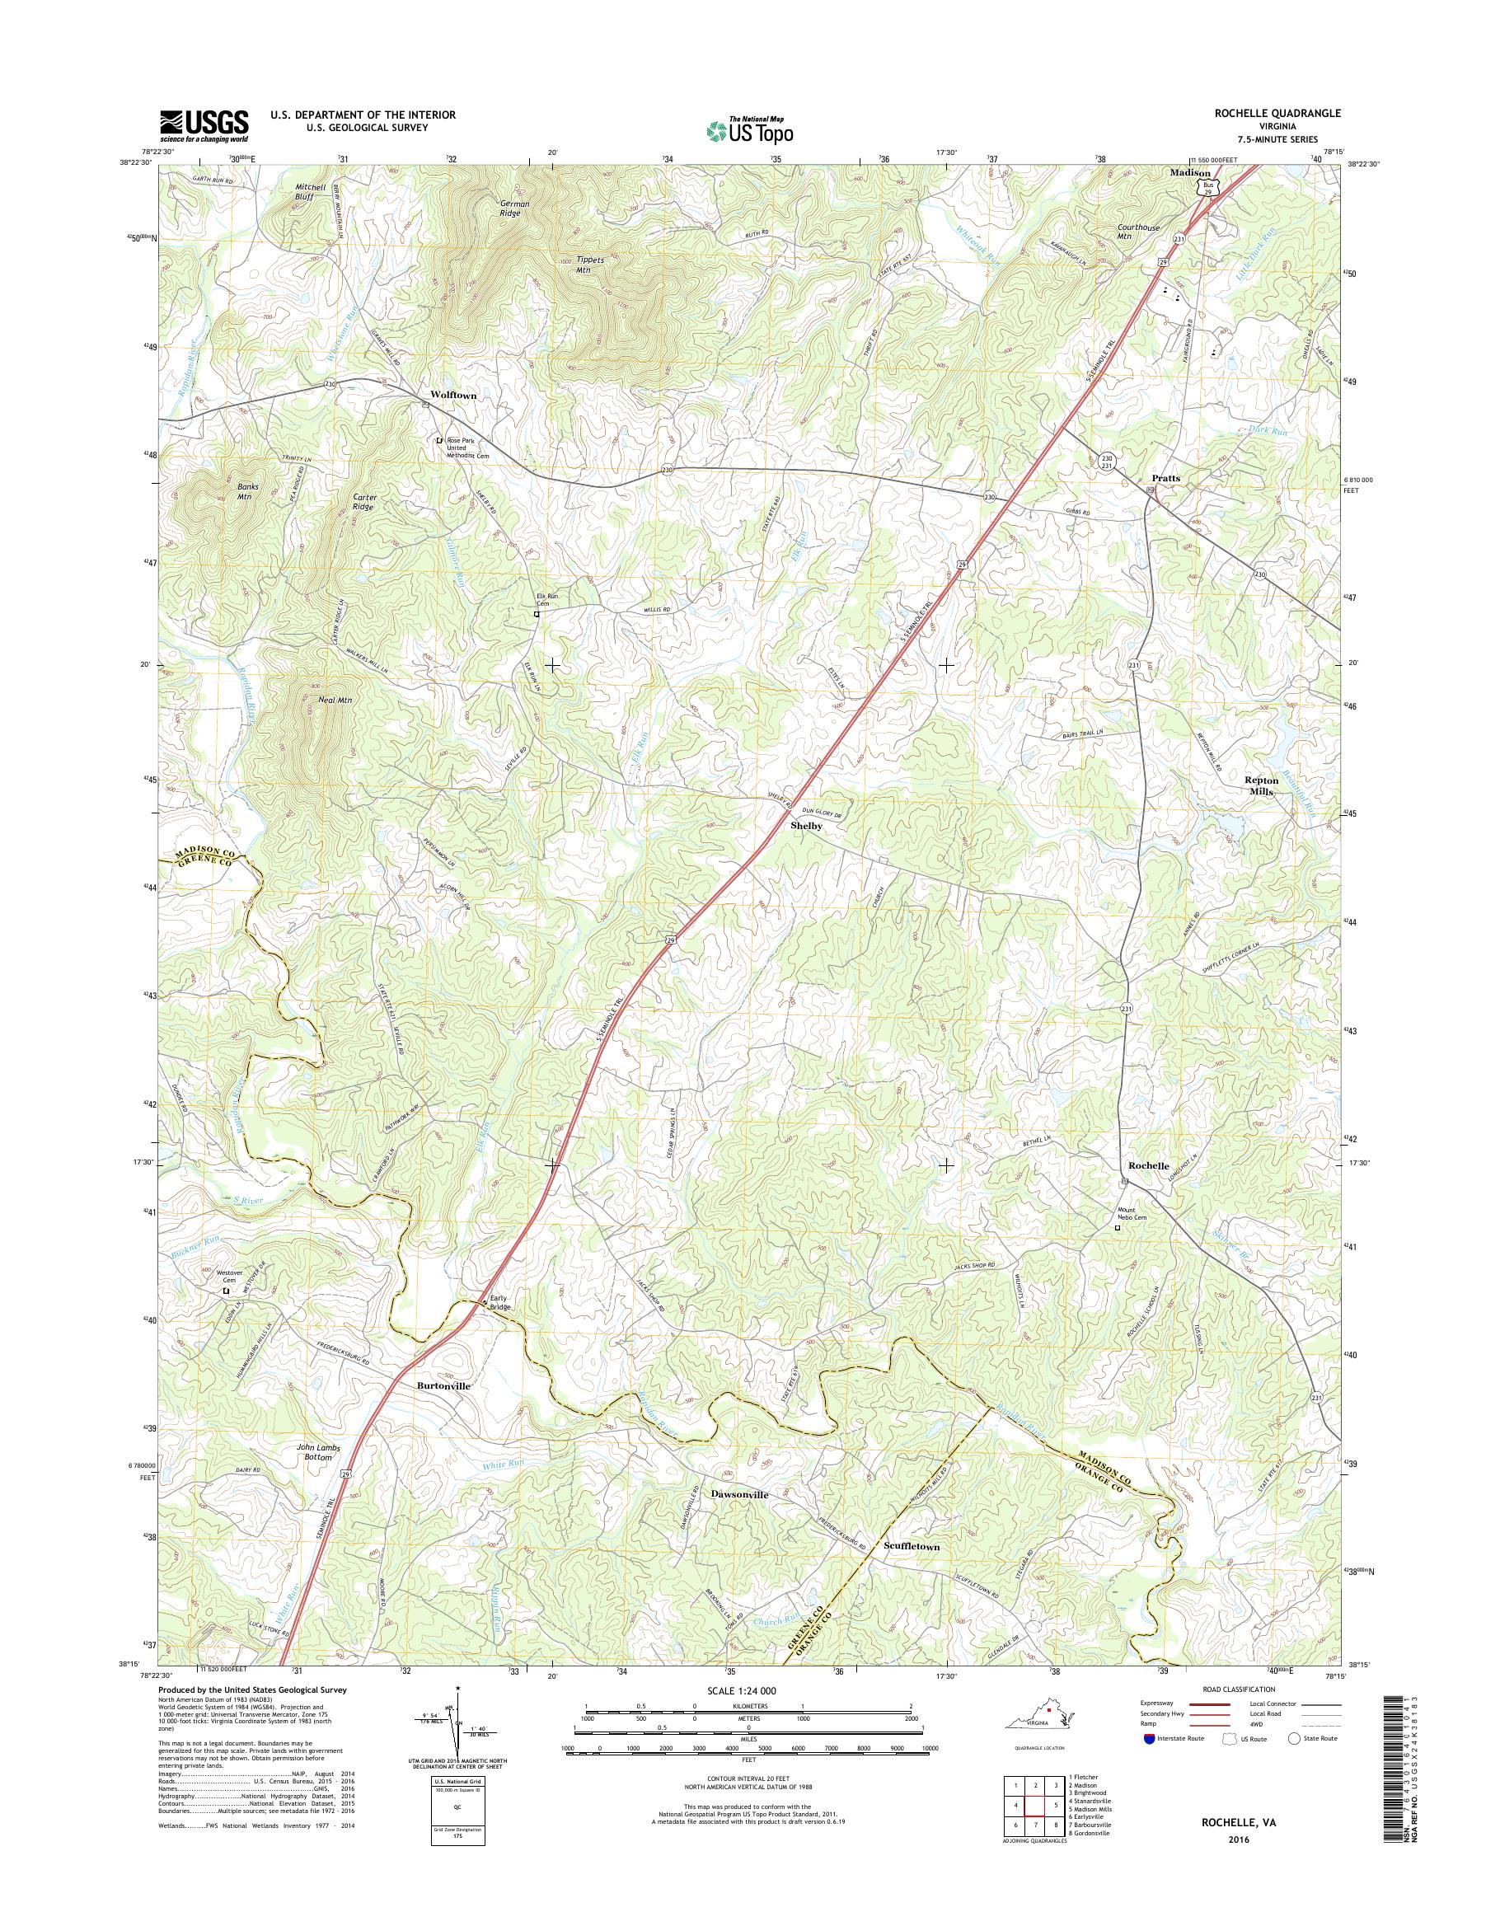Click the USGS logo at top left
pyautogui.click(x=204, y=125)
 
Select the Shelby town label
pyautogui.click(x=806, y=826)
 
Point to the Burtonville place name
pyautogui.click(x=443, y=1385)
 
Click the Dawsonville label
pyautogui.click(x=739, y=1494)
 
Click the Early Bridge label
pyautogui.click(x=498, y=1302)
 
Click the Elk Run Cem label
pyautogui.click(x=549, y=600)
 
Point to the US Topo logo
pyautogui.click(x=749, y=131)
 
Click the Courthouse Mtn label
pyautogui.click(x=1140, y=232)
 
